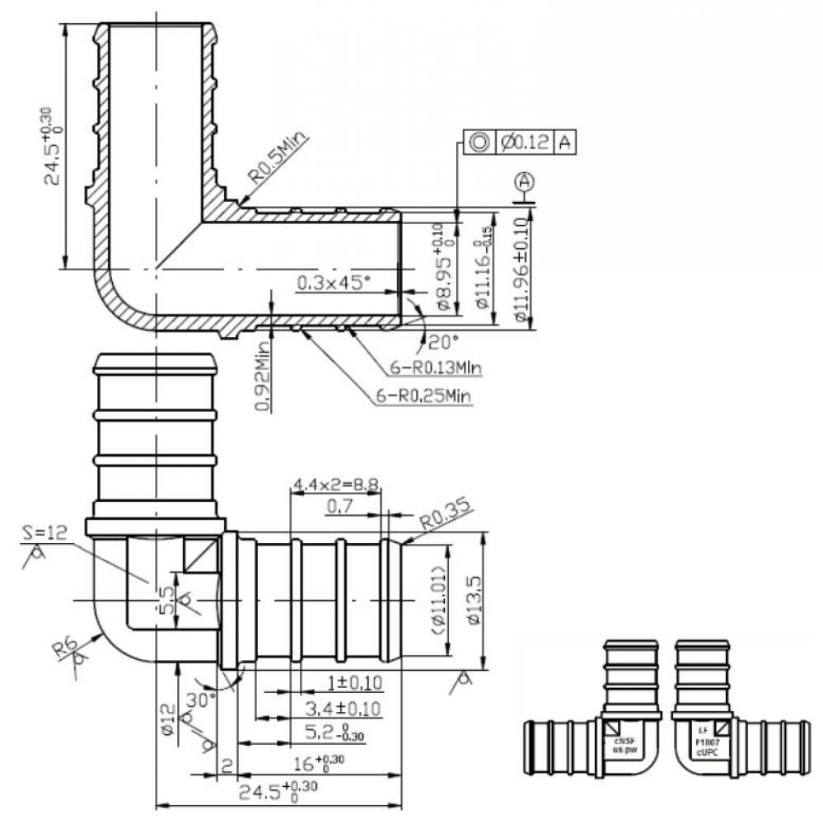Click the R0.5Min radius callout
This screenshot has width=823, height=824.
coord(278,162)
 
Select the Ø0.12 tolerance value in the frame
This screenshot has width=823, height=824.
coord(526,143)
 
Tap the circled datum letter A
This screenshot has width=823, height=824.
coord(525,180)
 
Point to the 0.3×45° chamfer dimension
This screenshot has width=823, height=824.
coord(334,283)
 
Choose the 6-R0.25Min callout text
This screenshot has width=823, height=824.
coord(423,396)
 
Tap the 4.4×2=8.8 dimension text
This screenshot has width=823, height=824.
coord(335,485)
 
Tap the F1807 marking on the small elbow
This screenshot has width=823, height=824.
coord(704,741)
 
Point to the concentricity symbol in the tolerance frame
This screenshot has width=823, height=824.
coord(477,143)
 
